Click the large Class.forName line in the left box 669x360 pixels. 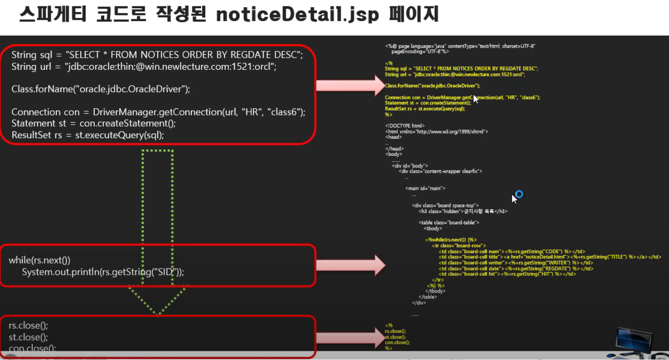[101, 89]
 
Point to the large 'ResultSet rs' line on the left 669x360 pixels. [88, 135]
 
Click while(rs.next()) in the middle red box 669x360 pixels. [39, 260]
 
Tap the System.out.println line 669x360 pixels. [103, 272]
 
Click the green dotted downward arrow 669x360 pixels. [158, 231]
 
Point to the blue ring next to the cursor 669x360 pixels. [519, 194]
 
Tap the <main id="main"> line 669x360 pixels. [425, 188]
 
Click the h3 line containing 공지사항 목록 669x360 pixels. [463, 211]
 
